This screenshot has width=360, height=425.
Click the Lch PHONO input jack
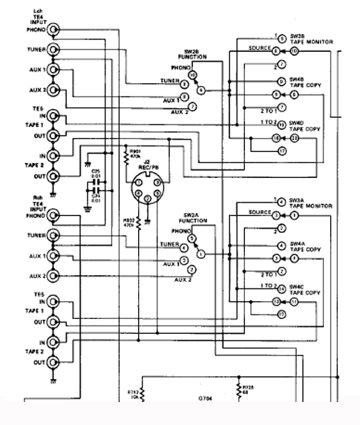pos(53,30)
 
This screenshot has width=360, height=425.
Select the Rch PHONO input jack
pos(53,216)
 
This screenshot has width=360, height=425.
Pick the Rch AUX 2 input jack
pos(53,275)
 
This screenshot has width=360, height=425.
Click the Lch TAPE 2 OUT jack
pos(53,177)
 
